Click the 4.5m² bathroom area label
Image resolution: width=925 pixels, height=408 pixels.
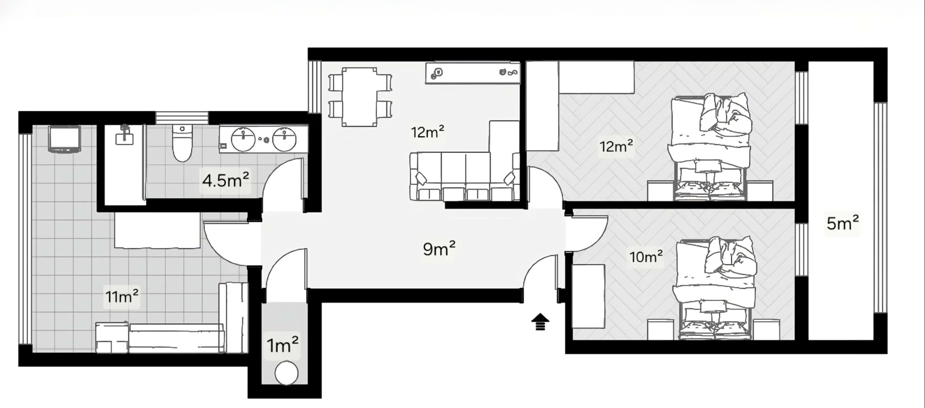tap(225, 181)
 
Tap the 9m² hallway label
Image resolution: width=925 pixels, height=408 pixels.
tap(439, 248)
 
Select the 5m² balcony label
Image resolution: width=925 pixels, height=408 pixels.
tap(842, 223)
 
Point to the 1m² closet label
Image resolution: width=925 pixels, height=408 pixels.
tap(283, 345)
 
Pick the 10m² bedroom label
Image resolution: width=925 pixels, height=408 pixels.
tap(646, 257)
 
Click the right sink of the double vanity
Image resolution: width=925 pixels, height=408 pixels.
tap(284, 139)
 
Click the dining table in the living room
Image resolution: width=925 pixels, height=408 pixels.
tap(359, 96)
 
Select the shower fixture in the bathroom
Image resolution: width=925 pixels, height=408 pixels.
tap(124, 136)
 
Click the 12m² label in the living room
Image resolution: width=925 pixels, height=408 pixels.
tap(427, 133)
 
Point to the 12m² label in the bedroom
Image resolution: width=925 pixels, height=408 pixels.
tap(616, 147)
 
